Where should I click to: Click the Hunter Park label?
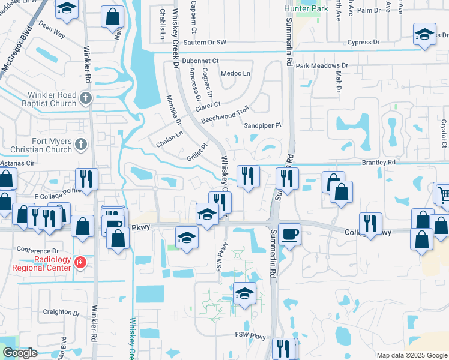(x=307, y=9)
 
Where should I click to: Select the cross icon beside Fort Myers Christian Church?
(x=82, y=144)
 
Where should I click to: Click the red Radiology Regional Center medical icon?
(x=80, y=262)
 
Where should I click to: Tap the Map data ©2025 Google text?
(x=412, y=355)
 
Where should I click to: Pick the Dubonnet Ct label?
(x=201, y=61)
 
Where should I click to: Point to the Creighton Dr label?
(x=62, y=313)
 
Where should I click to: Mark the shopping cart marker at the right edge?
(x=442, y=194)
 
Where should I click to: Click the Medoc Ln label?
(x=235, y=73)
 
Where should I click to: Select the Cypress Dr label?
(x=364, y=43)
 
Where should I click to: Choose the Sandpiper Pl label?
(x=262, y=125)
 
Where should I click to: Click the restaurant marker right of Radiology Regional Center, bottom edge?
(x=283, y=348)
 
